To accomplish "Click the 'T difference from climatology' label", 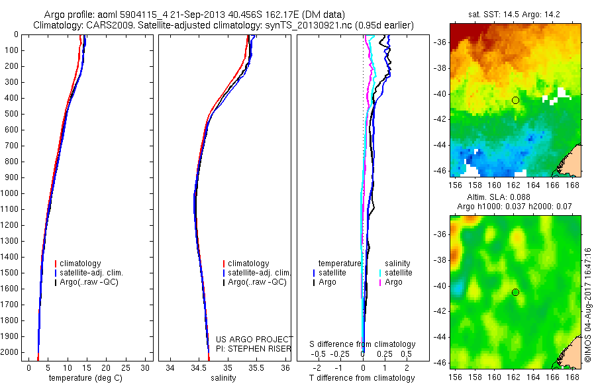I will (362, 378).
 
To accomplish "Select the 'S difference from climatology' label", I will (362, 344).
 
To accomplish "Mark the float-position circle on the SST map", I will (515, 100).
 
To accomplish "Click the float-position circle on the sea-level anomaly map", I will (515, 292).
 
